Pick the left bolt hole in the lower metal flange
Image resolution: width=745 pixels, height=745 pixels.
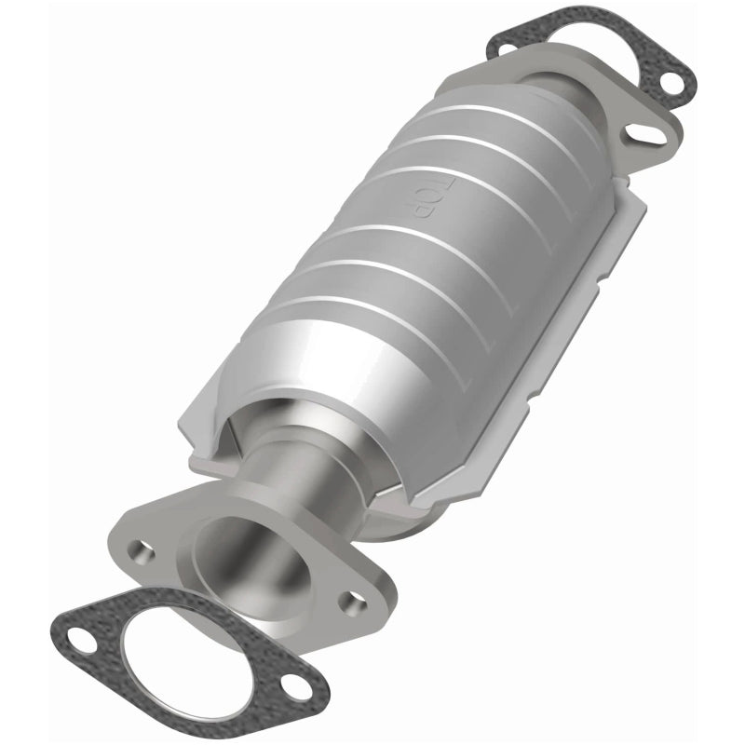pos(140,549)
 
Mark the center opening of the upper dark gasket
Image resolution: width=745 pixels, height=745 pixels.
pos(596,56)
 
